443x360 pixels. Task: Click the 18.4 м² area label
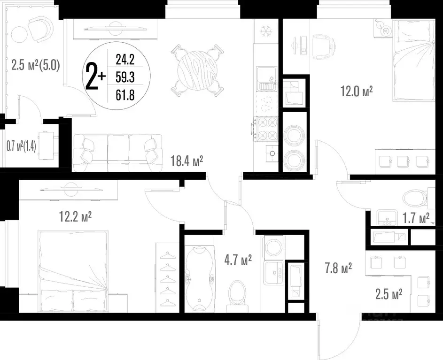point(187,162)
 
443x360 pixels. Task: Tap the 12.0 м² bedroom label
point(357,91)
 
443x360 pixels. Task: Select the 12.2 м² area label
point(75,217)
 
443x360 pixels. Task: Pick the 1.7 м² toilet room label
point(417,218)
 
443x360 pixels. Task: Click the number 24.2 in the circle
point(125,60)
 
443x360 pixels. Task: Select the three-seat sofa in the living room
point(117,149)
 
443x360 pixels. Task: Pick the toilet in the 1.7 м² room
point(413,197)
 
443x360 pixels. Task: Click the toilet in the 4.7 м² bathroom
point(237,293)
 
